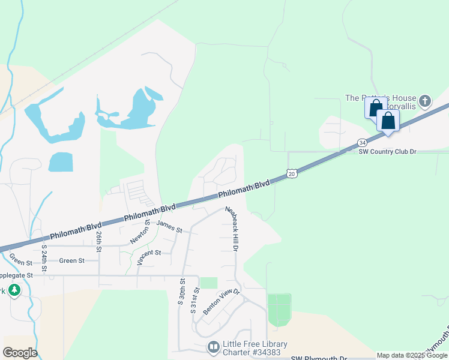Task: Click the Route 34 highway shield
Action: pyautogui.click(x=362, y=142)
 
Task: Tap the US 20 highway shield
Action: pyautogui.click(x=291, y=173)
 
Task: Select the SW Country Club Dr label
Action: pyautogui.click(x=387, y=152)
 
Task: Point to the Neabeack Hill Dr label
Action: pyautogui.click(x=232, y=229)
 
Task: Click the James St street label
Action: pyautogui.click(x=169, y=226)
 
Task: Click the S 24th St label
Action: pyautogui.click(x=44, y=257)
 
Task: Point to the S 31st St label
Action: pyautogui.click(x=194, y=300)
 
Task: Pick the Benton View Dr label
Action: pyautogui.click(x=221, y=301)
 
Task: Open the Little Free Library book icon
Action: pyautogui.click(x=213, y=347)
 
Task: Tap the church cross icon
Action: pyautogui.click(x=425, y=100)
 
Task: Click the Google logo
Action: pyautogui.click(x=20, y=353)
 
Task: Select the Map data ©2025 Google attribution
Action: pyautogui.click(x=411, y=355)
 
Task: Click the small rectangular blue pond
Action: pyautogui.click(x=60, y=162)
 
